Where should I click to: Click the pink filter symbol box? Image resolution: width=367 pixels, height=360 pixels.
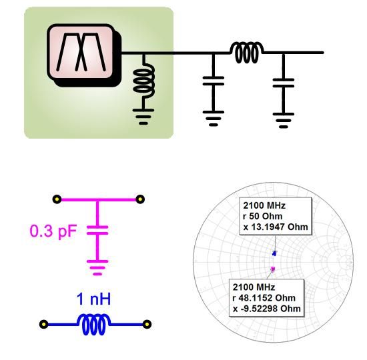(81, 52)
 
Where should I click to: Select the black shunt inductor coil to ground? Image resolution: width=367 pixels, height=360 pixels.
(144, 81)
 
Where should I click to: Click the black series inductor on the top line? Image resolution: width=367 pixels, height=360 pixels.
(246, 53)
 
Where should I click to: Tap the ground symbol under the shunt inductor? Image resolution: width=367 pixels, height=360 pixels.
(143, 116)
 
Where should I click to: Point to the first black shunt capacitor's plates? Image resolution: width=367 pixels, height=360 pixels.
(214, 81)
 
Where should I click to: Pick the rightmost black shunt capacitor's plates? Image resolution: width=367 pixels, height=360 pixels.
(284, 83)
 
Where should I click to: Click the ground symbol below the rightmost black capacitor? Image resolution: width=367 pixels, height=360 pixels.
(284, 120)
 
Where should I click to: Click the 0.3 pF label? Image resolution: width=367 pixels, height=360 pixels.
(53, 231)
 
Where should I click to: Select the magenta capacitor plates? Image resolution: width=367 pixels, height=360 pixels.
(97, 230)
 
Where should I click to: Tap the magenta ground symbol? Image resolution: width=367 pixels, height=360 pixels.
(97, 267)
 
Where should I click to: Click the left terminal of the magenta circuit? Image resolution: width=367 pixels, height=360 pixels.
(57, 199)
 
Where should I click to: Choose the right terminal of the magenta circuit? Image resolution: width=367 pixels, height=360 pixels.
(140, 199)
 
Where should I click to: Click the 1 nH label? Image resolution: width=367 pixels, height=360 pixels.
(93, 299)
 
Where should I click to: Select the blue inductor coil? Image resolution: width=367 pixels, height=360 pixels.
(93, 325)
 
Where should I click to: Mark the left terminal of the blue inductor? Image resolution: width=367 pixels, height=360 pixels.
(44, 324)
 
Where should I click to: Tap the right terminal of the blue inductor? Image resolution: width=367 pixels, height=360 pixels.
(147, 324)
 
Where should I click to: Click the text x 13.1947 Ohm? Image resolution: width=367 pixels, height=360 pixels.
(276, 227)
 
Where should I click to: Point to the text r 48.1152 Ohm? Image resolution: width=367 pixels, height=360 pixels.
(264, 298)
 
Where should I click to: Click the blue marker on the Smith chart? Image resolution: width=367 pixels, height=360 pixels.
(274, 253)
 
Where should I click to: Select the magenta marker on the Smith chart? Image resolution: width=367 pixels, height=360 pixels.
(272, 269)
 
